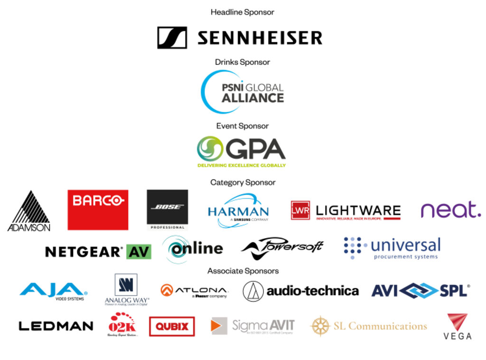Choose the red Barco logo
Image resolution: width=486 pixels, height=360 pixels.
[x=98, y=210]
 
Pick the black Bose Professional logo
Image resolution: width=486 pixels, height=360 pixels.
[x=167, y=210]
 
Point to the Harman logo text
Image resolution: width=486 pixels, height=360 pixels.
[x=238, y=211]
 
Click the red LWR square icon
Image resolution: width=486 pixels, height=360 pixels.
[x=300, y=210]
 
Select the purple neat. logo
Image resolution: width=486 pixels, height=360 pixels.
[x=450, y=210]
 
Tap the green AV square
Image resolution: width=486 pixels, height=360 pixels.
[x=139, y=251]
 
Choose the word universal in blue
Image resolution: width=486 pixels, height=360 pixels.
[x=405, y=245]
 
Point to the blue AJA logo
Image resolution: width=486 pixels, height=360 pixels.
[x=53, y=289]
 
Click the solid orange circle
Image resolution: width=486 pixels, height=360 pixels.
[x=167, y=290]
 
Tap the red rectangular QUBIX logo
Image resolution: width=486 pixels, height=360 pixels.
[x=172, y=326]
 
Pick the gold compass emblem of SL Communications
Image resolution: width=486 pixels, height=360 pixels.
[x=319, y=325]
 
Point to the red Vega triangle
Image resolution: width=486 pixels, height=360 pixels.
[x=457, y=322]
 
